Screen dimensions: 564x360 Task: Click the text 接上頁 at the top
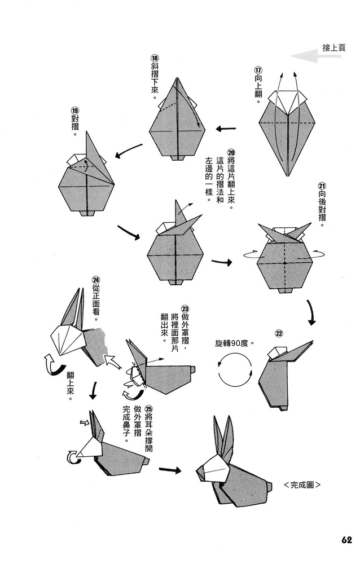333,49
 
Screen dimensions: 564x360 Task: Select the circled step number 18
154,58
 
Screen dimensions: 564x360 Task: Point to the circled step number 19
74,111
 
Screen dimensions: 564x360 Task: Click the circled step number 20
231,152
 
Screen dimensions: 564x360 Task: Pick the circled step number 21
322,187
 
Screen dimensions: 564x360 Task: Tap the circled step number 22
278,333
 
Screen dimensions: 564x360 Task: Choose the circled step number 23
185,309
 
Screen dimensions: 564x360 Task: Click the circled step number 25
149,411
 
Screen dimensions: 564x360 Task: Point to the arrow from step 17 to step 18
226,129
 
